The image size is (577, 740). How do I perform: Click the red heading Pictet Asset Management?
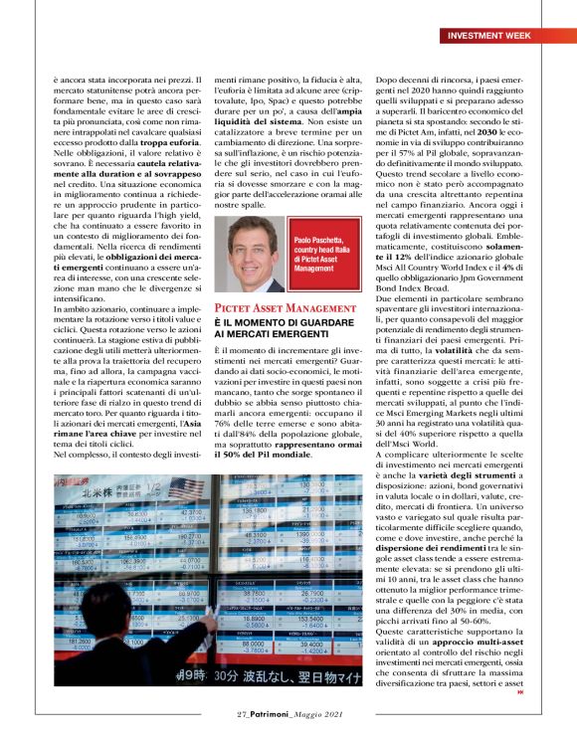coord(273,309)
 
